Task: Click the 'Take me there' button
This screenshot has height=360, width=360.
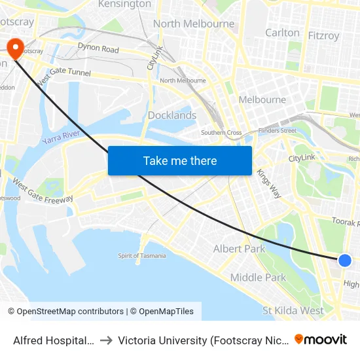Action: tap(180, 160)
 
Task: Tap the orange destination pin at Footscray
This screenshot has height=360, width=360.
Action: tap(15, 47)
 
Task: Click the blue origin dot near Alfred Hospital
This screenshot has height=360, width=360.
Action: tap(345, 261)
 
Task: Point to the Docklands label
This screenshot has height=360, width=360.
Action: tap(172, 115)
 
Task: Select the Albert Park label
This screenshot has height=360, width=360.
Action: tap(240, 249)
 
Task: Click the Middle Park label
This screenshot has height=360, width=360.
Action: tap(258, 278)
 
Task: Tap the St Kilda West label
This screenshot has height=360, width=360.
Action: tap(293, 310)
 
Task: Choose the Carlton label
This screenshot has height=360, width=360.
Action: tap(282, 33)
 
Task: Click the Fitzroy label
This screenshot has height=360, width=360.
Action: tap(323, 36)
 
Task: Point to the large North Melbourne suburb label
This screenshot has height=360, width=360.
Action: tap(194, 24)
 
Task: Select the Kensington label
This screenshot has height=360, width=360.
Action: tap(124, 5)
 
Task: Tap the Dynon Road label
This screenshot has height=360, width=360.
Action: tap(98, 48)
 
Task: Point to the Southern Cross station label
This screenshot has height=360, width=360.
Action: tap(221, 133)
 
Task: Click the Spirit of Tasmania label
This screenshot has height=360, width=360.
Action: tap(142, 256)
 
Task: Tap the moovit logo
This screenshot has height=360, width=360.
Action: tap(321, 339)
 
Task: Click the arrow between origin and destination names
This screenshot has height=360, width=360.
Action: tap(106, 340)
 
